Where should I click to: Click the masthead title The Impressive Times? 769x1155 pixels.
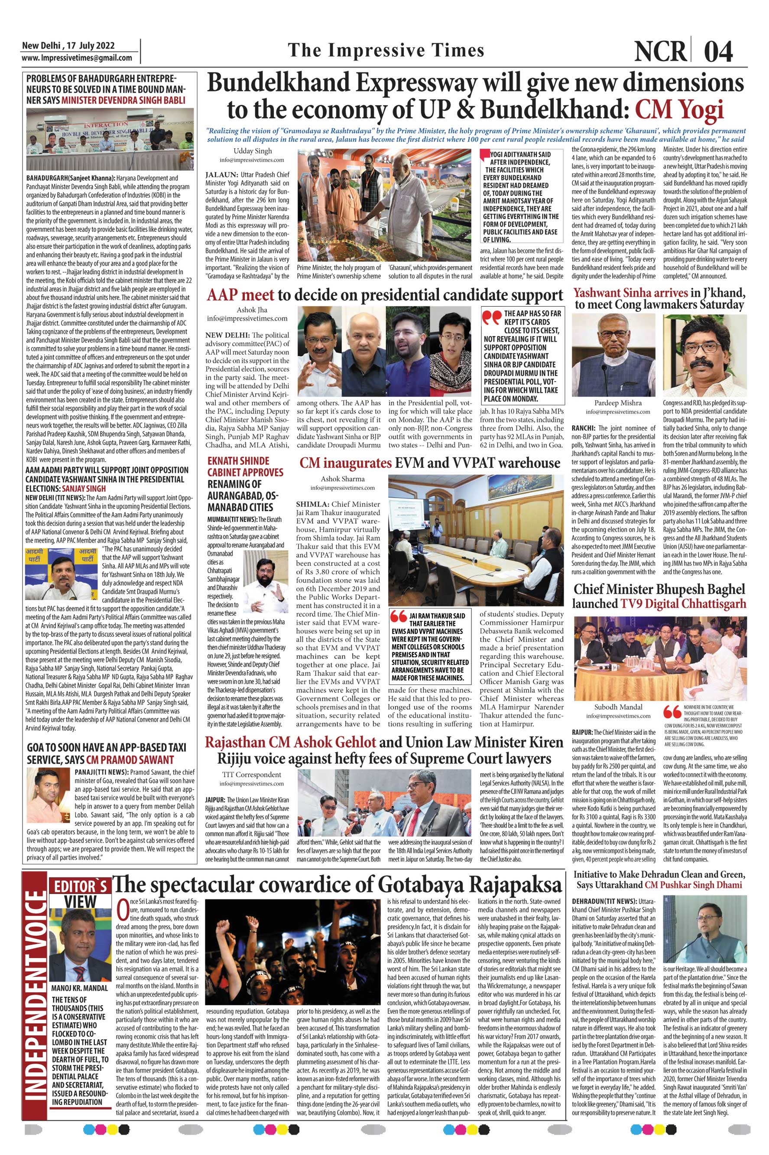[x=386, y=50]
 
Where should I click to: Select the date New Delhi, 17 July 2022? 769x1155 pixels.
[x=68, y=45]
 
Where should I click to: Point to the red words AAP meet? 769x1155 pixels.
[x=240, y=295]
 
